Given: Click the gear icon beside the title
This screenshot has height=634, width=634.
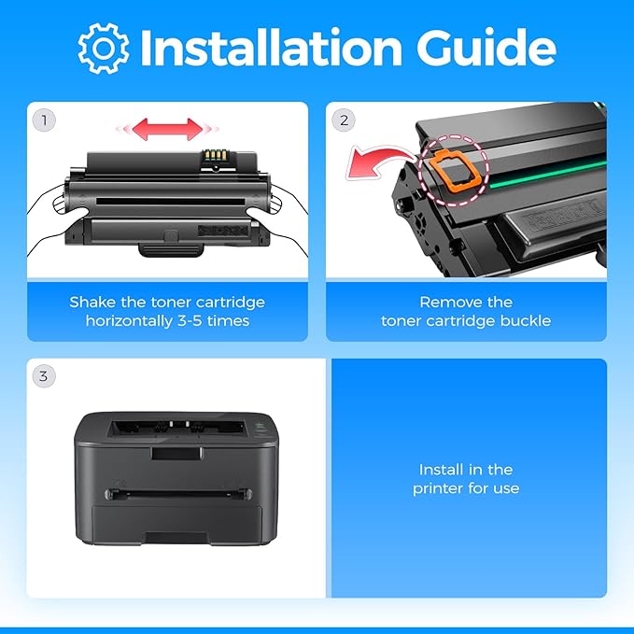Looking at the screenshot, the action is (104, 49).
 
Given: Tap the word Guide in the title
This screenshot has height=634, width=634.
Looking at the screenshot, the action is (486, 48).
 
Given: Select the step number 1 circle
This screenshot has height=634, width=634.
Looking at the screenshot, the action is (44, 120).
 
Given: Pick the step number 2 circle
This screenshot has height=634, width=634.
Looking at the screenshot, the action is (344, 120).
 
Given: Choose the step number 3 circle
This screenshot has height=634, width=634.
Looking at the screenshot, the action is (44, 376).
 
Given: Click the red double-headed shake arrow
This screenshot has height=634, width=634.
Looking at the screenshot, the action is (167, 129).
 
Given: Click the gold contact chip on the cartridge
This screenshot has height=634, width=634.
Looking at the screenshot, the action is (215, 155).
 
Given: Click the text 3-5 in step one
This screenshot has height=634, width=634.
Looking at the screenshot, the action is (190, 321).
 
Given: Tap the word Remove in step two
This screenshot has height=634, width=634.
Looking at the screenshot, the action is (447, 302).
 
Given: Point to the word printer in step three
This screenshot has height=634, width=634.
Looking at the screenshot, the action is (437, 489).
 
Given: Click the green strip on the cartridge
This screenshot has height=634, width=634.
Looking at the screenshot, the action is (548, 174).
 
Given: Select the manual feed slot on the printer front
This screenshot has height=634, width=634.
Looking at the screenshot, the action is (178, 494).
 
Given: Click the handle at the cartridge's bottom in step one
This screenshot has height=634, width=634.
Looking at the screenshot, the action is (171, 249).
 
